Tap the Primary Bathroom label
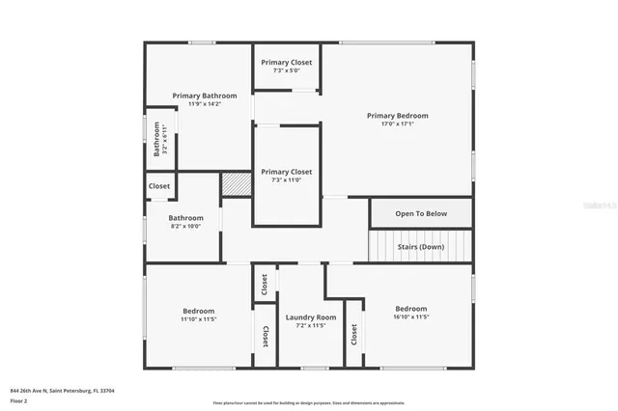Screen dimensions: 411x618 click(x=198, y=96)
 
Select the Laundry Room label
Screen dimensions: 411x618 click(x=311, y=317)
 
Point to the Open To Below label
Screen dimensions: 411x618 click(x=421, y=213)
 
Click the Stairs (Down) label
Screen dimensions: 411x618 click(x=421, y=246)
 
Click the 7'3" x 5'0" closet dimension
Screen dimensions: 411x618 click(x=287, y=70)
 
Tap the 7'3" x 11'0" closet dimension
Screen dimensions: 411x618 click(x=287, y=180)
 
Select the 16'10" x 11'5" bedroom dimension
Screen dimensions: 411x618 click(x=410, y=316)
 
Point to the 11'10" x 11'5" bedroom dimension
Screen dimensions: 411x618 click(x=199, y=319)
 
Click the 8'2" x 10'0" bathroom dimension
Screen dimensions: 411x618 click(x=186, y=227)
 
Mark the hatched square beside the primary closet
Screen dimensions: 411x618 click(x=236, y=184)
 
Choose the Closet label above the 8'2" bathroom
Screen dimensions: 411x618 click(x=159, y=186)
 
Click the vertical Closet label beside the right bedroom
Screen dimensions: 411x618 click(x=354, y=334)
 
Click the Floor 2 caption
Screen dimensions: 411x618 click(x=19, y=400)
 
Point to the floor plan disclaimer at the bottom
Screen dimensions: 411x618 click(x=309, y=402)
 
